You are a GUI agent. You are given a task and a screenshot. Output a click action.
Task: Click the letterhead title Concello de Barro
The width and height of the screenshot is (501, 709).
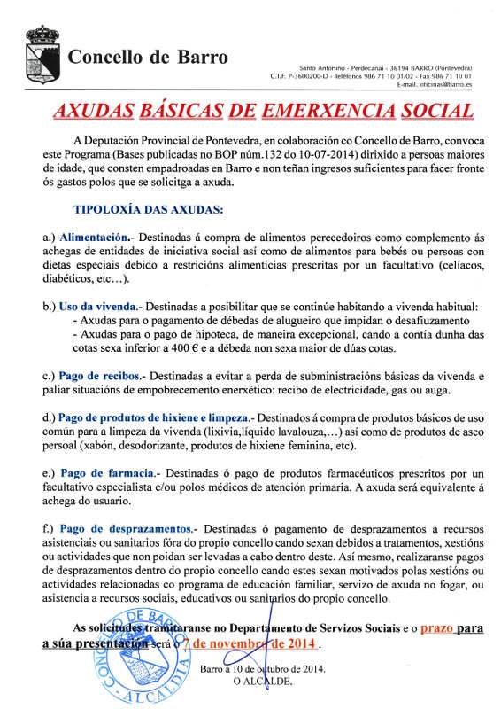[148, 59]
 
